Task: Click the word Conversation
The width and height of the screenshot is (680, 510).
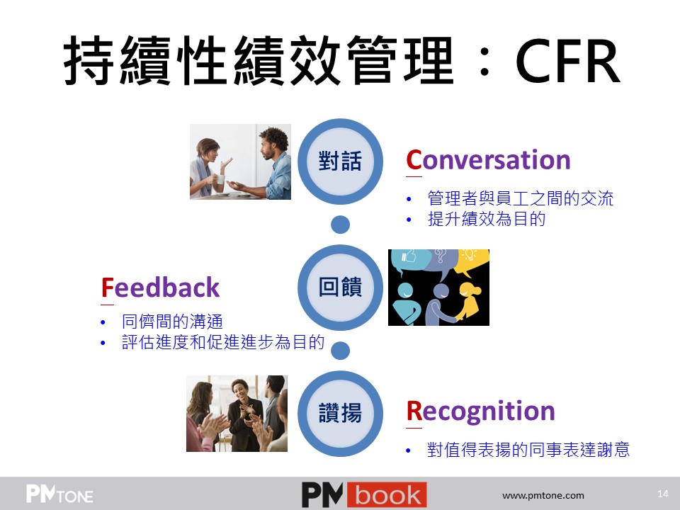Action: [x=488, y=159]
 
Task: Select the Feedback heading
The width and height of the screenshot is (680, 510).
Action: [x=161, y=287]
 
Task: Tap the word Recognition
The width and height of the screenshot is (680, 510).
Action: [x=480, y=411]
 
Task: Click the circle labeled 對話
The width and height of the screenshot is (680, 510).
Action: [x=341, y=161]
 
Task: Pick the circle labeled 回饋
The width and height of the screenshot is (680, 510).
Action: [x=341, y=287]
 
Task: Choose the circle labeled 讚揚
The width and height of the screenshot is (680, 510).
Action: [x=341, y=413]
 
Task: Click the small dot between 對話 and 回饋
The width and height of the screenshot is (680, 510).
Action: [x=341, y=225]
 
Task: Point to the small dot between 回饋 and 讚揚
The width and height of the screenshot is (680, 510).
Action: [x=341, y=351]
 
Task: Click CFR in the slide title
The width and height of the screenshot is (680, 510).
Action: [x=567, y=61]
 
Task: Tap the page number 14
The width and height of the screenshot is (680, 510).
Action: [x=663, y=494]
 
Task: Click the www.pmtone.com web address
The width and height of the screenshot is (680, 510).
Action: [x=543, y=495]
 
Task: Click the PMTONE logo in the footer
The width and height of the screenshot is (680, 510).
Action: [x=59, y=494]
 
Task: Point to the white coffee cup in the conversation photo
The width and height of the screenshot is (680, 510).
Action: [x=220, y=179]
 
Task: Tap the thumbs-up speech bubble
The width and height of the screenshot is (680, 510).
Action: [x=410, y=260]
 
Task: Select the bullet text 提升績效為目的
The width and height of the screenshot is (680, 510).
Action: [x=486, y=219]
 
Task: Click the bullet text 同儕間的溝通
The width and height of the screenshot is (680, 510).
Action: [x=173, y=322]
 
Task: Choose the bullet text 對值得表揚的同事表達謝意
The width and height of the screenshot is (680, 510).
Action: [x=528, y=450]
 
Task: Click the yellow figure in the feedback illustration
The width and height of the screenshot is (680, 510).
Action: [x=467, y=302]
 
